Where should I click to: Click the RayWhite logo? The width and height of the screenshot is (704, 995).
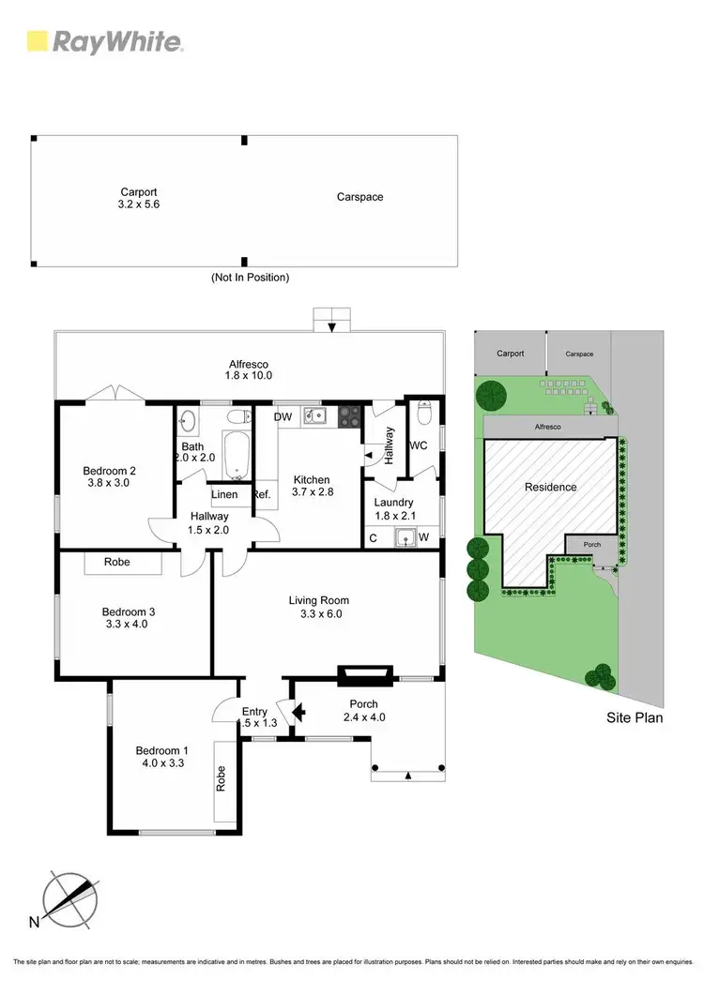click(104, 41)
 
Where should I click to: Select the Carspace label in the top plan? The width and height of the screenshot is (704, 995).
click(360, 197)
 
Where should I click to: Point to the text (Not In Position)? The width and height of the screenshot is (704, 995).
click(250, 278)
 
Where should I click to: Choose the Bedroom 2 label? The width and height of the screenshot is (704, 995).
click(110, 478)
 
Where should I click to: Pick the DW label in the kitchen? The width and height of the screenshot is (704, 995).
click(283, 416)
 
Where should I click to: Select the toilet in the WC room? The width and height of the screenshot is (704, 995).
click(424, 412)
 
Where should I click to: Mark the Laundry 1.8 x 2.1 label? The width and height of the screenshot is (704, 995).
click(393, 509)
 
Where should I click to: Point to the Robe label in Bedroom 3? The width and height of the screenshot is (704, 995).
click(117, 563)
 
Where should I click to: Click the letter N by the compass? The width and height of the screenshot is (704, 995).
click(35, 922)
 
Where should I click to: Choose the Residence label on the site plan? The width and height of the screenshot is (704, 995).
click(551, 487)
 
